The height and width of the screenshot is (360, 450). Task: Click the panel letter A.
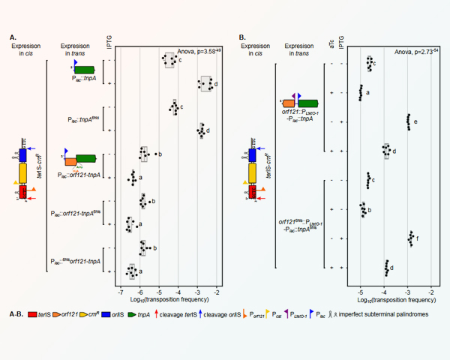click(12, 36)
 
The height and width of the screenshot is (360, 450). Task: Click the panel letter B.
click(242, 36)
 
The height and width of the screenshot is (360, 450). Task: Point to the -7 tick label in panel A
click(120, 288)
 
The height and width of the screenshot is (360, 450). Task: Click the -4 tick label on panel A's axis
click(178, 288)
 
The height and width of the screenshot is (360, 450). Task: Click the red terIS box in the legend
click(31, 315)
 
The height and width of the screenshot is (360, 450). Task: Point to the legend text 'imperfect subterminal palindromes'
click(390, 315)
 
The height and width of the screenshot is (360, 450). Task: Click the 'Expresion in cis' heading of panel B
click(255, 50)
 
